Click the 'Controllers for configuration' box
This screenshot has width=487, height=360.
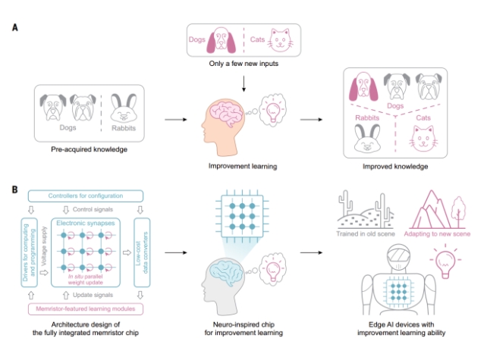pyautogui.click(x=85, y=196)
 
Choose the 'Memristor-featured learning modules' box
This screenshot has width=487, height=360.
pyautogui.click(x=86, y=308)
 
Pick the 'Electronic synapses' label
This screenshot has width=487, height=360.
pyautogui.click(x=86, y=224)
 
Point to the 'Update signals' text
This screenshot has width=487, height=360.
pyautogui.click(x=86, y=294)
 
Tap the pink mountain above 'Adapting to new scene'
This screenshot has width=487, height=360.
pyautogui.click(x=421, y=208)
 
